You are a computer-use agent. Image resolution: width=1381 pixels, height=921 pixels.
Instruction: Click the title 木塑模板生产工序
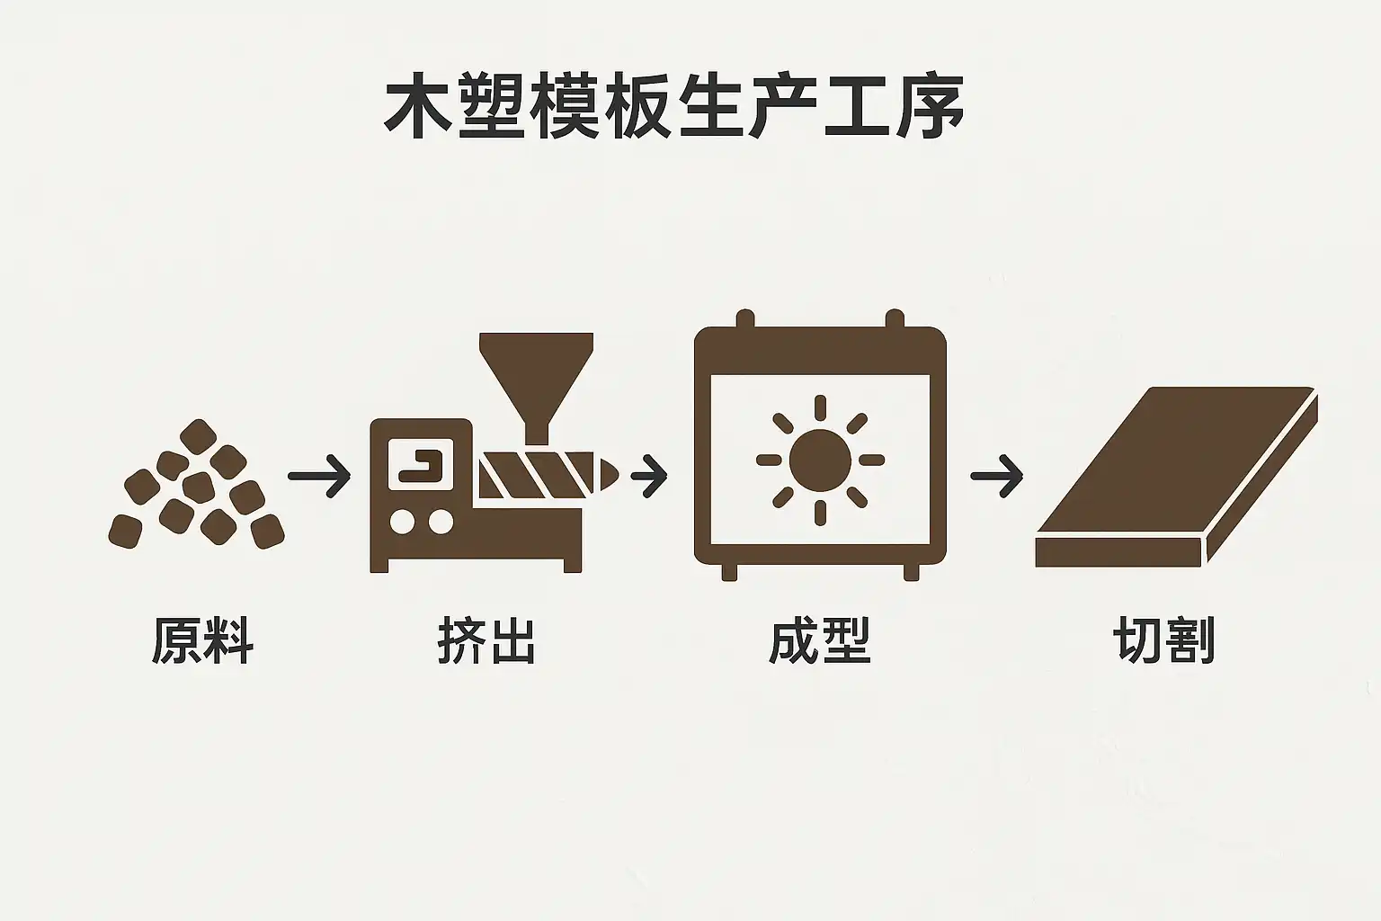673,110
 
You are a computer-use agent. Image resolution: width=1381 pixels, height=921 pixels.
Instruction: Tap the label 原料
202,640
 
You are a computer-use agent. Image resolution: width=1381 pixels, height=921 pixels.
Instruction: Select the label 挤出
486,640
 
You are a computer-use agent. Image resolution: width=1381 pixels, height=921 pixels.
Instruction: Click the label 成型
820,640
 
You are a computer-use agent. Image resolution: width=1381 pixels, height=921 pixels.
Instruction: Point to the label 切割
1164,640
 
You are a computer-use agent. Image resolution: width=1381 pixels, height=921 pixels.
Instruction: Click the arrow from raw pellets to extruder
319,475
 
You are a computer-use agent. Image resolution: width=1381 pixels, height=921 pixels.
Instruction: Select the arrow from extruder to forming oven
649,475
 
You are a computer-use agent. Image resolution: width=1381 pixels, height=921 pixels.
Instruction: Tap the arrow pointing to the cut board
997,475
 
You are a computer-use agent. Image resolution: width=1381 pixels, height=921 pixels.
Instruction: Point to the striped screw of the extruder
536,474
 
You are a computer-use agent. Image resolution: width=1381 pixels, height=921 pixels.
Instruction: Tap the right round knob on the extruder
441,522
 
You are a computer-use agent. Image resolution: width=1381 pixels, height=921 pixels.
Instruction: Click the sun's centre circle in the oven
820,460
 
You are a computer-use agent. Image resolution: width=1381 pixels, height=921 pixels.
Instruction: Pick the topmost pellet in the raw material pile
198,437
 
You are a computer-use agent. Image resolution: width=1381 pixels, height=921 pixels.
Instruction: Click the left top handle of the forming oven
744,319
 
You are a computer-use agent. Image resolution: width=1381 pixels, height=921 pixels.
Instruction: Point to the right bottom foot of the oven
911,571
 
